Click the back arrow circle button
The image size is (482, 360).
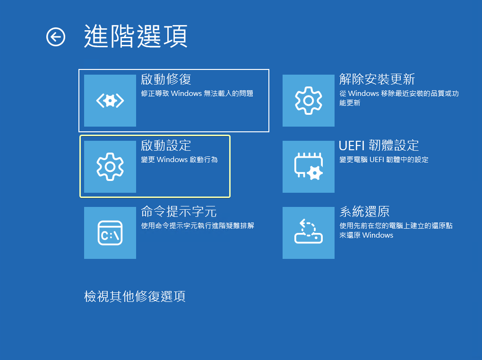point(56,37)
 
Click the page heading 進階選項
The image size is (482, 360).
point(136,36)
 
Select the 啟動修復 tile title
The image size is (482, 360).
point(166,79)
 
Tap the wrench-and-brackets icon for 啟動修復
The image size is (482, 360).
point(110,101)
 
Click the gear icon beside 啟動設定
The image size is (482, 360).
point(110,167)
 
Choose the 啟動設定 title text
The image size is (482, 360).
point(166,146)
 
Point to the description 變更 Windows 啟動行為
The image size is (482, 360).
point(179,160)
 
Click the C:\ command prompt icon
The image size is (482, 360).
point(110,233)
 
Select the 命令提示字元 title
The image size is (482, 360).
point(179,212)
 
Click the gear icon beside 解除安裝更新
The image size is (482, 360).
point(309,101)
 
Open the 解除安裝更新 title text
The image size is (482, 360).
point(377,79)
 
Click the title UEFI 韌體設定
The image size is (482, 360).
point(379,146)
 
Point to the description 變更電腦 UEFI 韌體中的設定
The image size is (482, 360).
point(384,160)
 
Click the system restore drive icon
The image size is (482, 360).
point(309,231)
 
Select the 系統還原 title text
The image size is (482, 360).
point(365,212)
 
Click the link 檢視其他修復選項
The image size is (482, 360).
point(135,296)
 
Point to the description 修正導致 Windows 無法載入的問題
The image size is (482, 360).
point(197,94)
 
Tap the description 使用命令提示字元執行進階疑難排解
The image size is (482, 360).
point(198,226)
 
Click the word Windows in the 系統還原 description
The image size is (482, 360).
point(378,235)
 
